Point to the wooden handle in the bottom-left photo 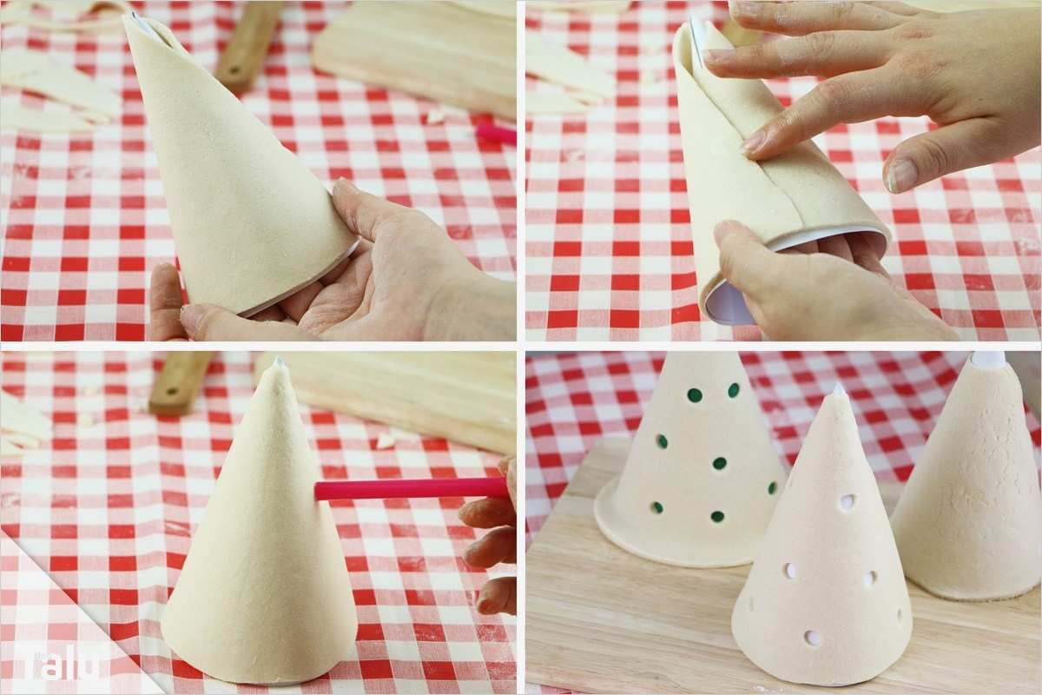pyautogui.click(x=178, y=382)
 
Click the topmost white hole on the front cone pyautogui.click(x=847, y=502)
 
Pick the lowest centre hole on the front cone pyautogui.click(x=813, y=638)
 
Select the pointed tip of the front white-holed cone pyautogui.click(x=838, y=390)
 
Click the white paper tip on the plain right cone pyautogui.click(x=987, y=359)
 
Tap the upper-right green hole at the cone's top pyautogui.click(x=734, y=390)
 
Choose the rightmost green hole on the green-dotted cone pyautogui.click(x=772, y=488)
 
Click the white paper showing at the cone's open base pyautogui.click(x=728, y=304)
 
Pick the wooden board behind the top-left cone pyautogui.click(x=417, y=52)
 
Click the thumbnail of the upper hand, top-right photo pyautogui.click(x=900, y=175)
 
